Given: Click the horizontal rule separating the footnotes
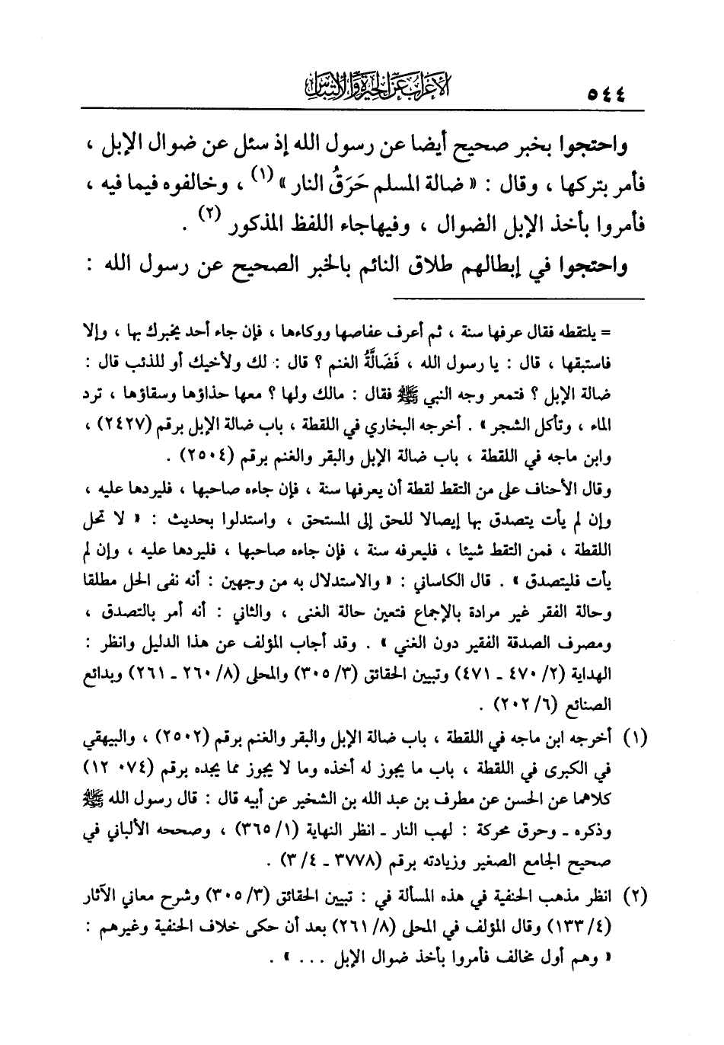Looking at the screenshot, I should [518, 297].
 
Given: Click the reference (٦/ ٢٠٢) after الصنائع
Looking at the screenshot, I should [523, 701].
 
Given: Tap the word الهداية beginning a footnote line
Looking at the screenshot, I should [605, 676].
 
